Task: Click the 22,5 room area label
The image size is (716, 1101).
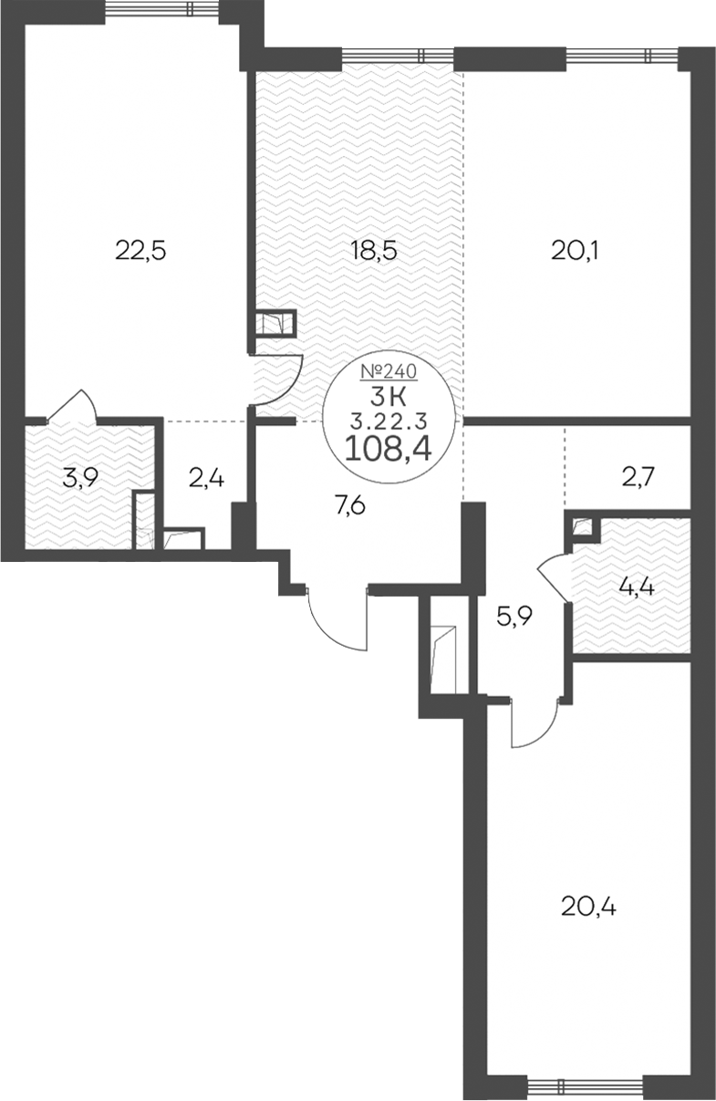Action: (x=141, y=252)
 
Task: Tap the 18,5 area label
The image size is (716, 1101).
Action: (x=374, y=252)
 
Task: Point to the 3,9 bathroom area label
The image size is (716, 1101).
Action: (x=81, y=477)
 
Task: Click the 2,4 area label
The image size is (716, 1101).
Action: (x=206, y=478)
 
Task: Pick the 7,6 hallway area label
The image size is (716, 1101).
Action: (x=350, y=505)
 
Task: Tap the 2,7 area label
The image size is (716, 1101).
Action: (x=638, y=477)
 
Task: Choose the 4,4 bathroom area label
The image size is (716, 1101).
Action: (x=638, y=587)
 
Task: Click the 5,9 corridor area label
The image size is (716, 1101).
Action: (x=514, y=616)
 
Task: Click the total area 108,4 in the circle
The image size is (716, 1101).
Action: (x=389, y=449)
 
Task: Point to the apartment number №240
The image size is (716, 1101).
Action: (x=389, y=371)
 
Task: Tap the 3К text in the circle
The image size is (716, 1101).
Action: (x=389, y=397)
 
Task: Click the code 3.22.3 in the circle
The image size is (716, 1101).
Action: (x=389, y=421)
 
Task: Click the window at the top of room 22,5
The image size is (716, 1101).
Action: (x=162, y=8)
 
